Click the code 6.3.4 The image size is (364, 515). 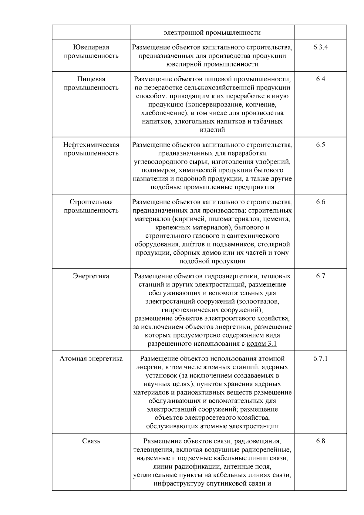click(x=321, y=47)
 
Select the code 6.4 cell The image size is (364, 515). click(x=321, y=79)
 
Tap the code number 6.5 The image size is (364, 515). click(x=321, y=145)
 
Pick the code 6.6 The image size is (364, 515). click(x=321, y=202)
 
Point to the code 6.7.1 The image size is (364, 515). click(x=321, y=359)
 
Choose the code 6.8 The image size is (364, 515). click(x=321, y=441)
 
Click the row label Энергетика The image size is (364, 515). click(x=91, y=276)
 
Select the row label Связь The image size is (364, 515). click(x=91, y=441)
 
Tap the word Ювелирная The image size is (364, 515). click(x=91, y=47)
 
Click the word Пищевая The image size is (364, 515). click(x=91, y=79)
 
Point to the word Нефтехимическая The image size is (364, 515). click(x=91, y=145)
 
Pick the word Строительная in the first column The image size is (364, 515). click(x=91, y=202)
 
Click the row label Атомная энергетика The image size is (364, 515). click(x=91, y=359)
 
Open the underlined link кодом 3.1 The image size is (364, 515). click(x=262, y=344)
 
